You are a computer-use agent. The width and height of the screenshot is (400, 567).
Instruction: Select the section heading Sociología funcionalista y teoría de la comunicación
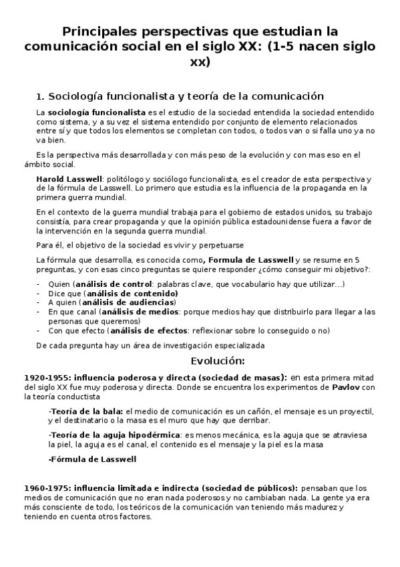pyautogui.click(x=180, y=96)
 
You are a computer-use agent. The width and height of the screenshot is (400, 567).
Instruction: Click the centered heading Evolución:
pyautogui.click(x=218, y=361)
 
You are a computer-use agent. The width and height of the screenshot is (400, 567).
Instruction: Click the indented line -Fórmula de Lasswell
pyautogui.click(x=92, y=459)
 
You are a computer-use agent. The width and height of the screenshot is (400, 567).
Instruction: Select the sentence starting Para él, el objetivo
pyautogui.click(x=140, y=245)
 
